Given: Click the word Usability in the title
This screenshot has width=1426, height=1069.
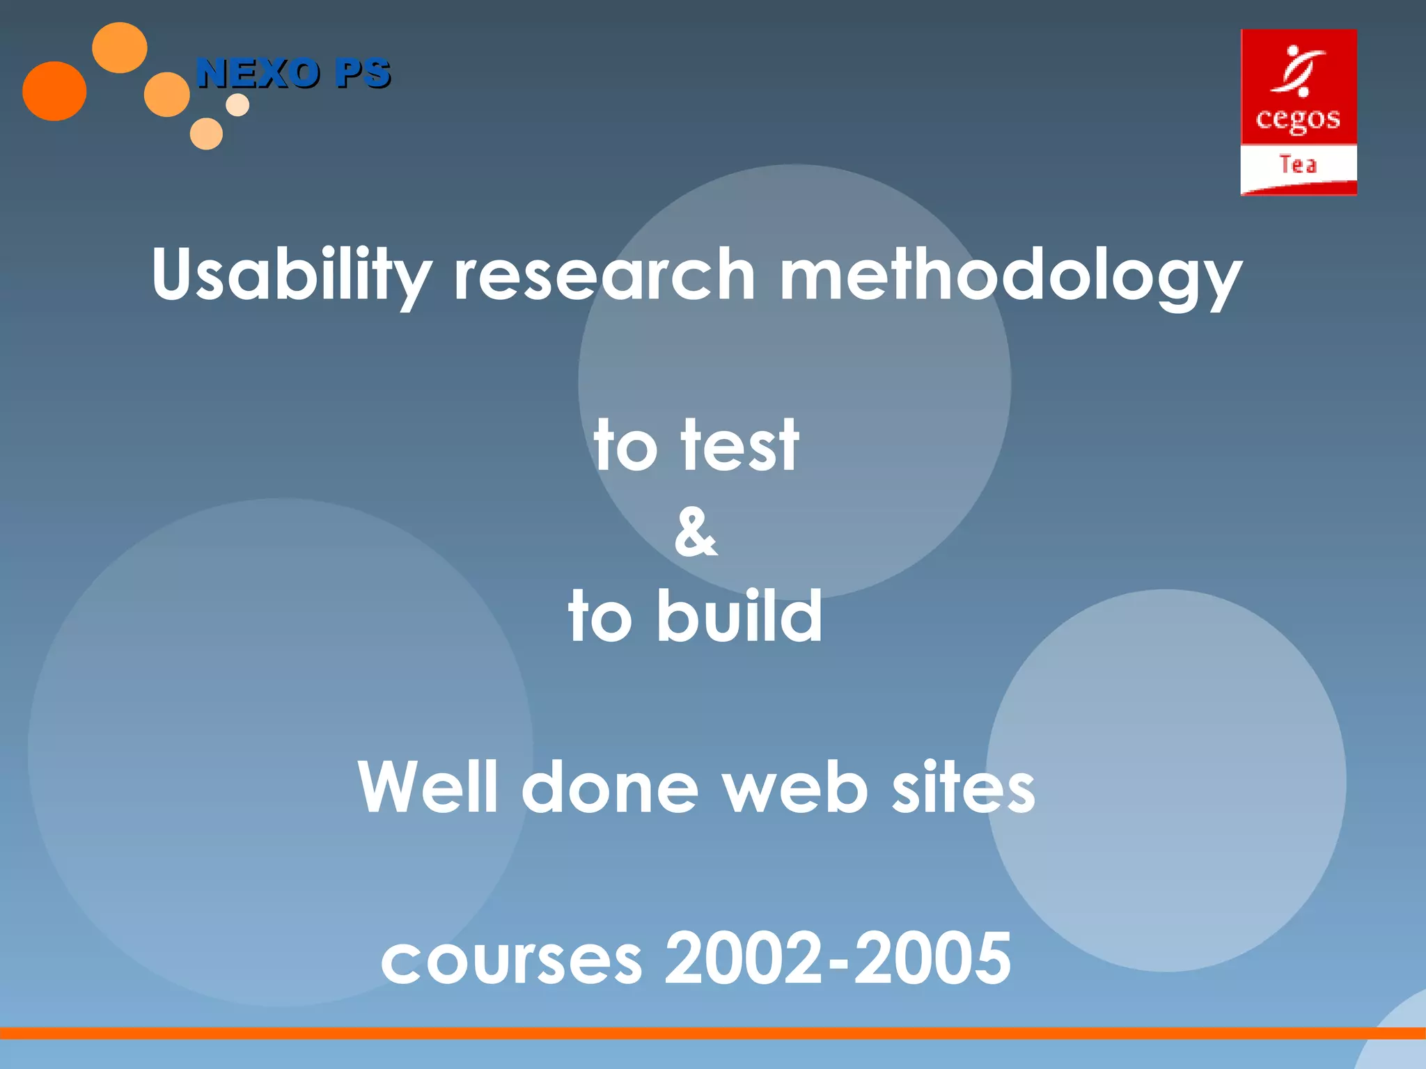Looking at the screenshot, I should point(291,276).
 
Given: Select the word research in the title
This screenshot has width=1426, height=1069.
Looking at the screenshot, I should point(604,276).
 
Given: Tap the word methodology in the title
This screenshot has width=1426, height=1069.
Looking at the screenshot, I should point(1010,276).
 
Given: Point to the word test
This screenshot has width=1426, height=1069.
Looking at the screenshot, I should point(739,445).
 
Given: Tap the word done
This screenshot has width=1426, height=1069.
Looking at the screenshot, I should point(609,787).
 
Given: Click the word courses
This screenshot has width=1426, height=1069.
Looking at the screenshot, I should point(512,960).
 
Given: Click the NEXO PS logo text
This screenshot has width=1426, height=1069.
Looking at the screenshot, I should point(293,73).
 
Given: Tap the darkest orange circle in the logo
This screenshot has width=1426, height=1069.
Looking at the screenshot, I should point(54,91).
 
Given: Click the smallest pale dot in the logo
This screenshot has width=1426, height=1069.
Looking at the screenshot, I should point(237,105).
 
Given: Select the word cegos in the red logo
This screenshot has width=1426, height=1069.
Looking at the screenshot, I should point(1298,120).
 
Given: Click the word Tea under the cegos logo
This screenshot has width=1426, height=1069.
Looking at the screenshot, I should point(1298,165).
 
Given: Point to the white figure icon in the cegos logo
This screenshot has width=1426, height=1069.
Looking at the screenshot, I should point(1296,70).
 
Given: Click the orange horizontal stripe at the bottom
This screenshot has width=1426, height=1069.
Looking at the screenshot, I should point(696,1033).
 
